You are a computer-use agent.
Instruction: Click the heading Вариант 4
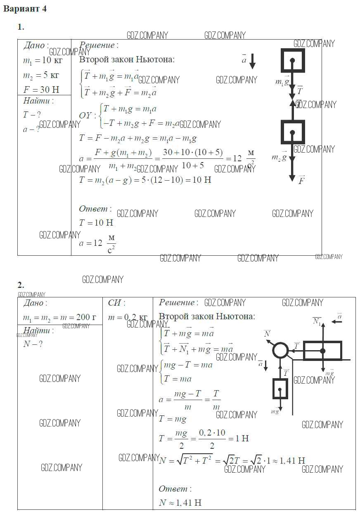click(x=25, y=9)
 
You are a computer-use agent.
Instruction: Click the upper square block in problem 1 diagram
click(x=293, y=61)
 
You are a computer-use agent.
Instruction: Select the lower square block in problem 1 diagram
click(x=293, y=132)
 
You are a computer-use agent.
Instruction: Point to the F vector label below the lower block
click(x=301, y=180)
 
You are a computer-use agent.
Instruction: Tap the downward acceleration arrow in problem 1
click(x=253, y=61)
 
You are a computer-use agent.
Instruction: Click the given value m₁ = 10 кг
click(x=43, y=61)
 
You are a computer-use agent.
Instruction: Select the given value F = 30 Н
click(x=41, y=89)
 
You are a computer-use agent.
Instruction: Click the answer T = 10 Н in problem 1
click(x=96, y=223)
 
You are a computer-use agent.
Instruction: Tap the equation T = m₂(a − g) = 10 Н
click(x=145, y=180)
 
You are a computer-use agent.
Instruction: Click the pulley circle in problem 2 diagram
click(x=280, y=351)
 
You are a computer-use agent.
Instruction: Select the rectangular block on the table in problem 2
click(x=322, y=351)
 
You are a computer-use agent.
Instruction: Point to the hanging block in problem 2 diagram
click(x=280, y=389)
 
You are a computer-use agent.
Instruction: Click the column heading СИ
click(x=117, y=303)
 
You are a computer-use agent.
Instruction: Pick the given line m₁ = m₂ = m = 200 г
click(x=59, y=318)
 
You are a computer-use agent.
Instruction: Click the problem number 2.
click(x=21, y=285)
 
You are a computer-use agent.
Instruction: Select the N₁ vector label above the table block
click(x=317, y=321)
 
